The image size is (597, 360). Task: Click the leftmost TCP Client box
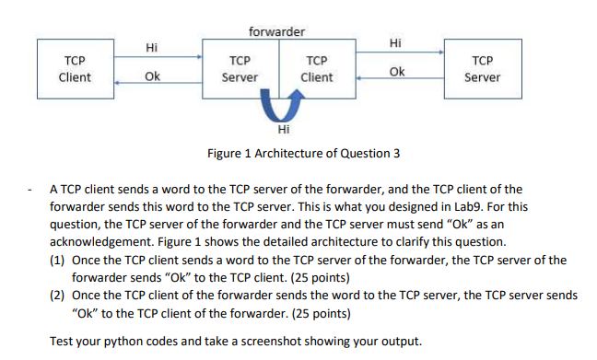[74, 68]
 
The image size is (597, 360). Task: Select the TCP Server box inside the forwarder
[241, 68]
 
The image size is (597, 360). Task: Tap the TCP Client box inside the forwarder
[316, 68]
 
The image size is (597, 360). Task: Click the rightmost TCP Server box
[484, 68]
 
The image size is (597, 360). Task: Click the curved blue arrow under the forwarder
[278, 110]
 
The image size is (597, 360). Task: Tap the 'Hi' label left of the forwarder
[152, 47]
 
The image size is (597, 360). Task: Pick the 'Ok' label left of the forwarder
[152, 76]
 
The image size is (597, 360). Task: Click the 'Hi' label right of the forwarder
[395, 42]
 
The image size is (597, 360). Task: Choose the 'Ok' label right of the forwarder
[396, 72]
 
